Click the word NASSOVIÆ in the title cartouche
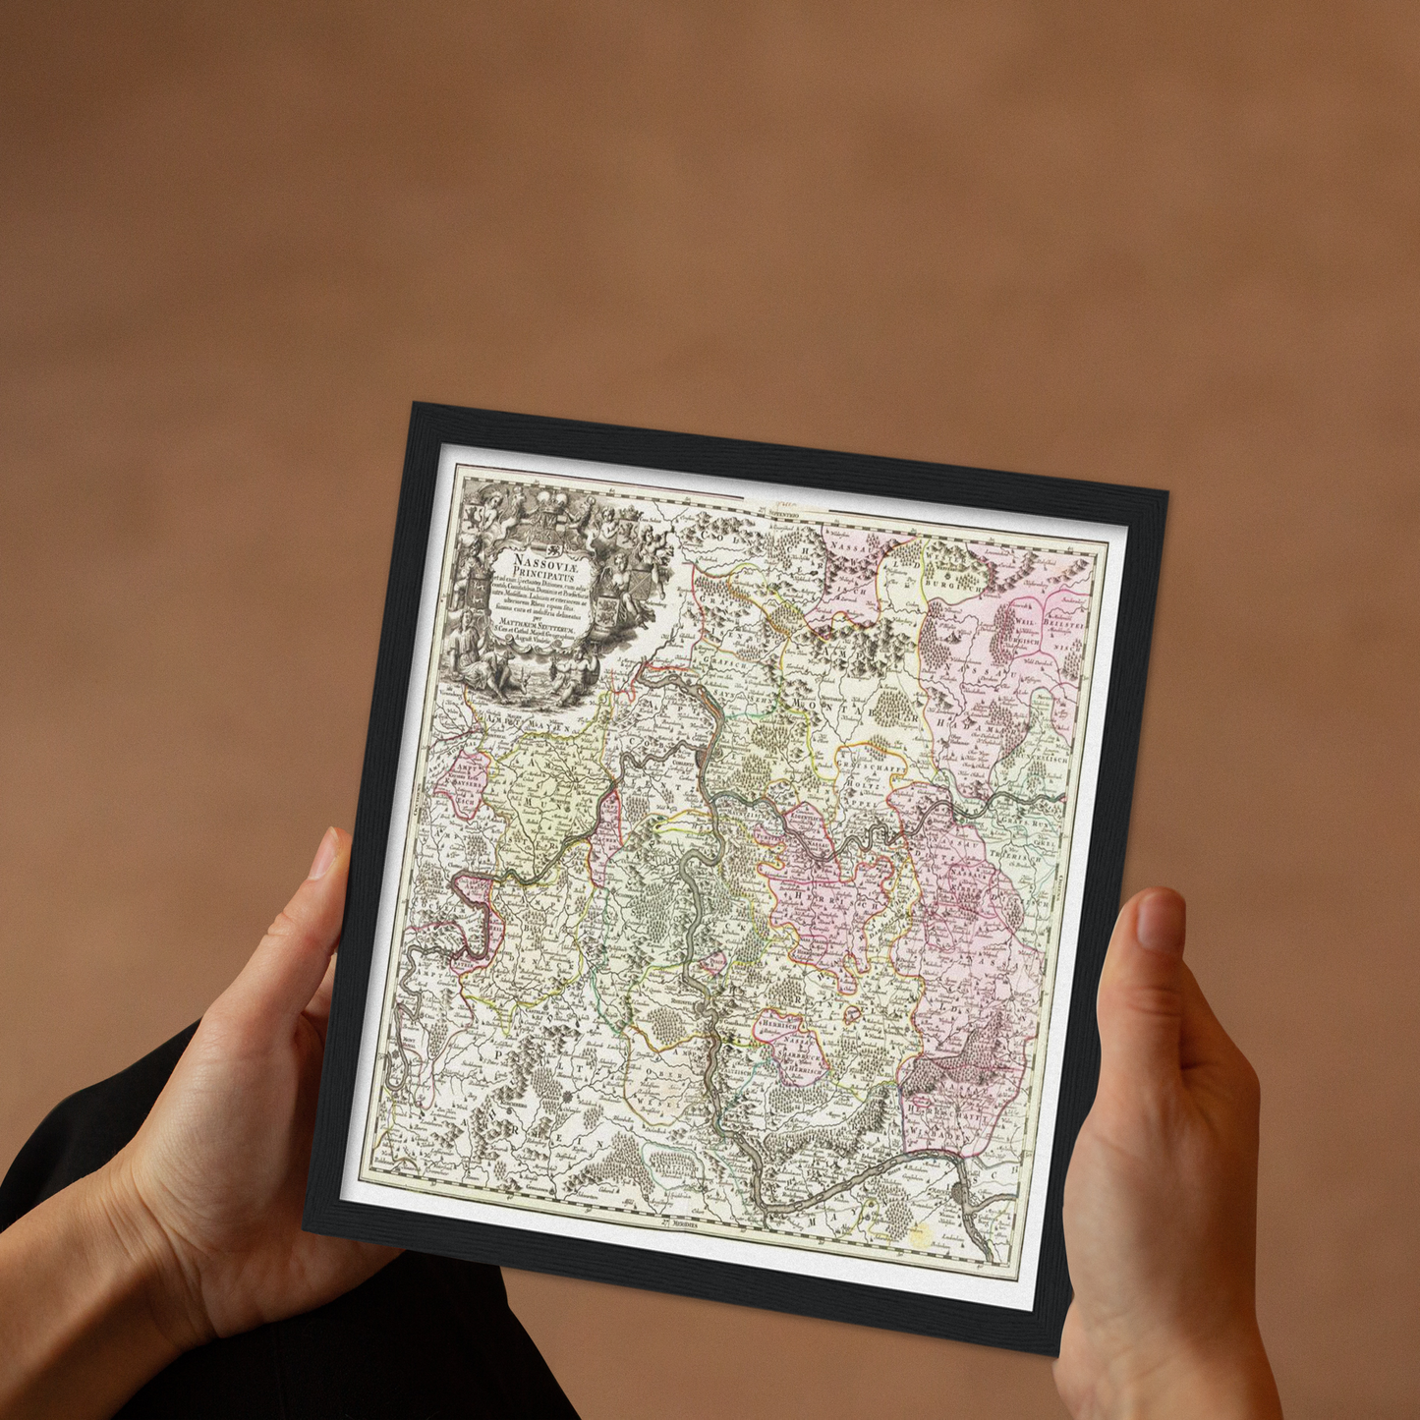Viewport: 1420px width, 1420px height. click(x=534, y=559)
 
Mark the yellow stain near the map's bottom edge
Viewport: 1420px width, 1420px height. click(x=919, y=1235)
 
